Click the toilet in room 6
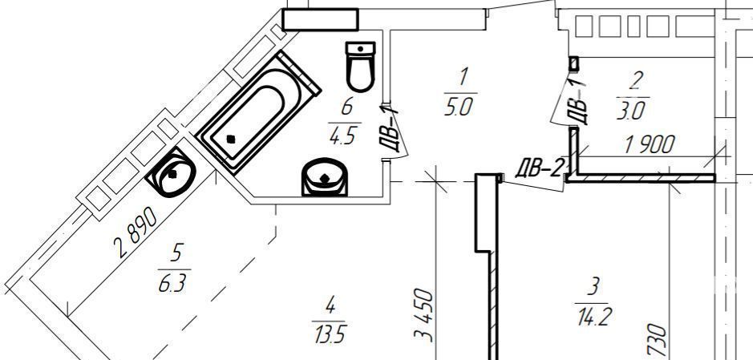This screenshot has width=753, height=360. tap(360, 67)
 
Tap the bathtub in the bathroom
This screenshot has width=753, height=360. tap(259, 112)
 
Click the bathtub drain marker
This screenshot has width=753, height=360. tap(232, 140)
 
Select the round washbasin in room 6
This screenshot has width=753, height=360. tap(325, 177)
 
